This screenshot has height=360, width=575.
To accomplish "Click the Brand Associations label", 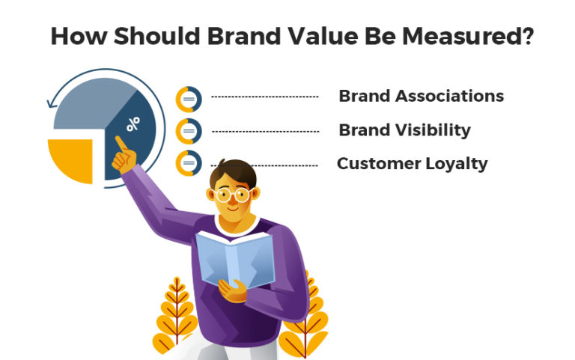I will click(421, 96).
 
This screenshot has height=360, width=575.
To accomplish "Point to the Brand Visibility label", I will click(404, 130).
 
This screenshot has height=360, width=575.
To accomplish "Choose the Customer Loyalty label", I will click(412, 163).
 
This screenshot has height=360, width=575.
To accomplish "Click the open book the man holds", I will click(233, 258).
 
